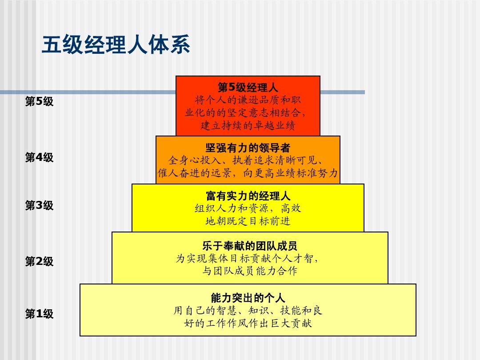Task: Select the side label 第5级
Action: (x=39, y=102)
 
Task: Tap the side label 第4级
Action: (x=39, y=157)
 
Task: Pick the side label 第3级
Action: (x=39, y=205)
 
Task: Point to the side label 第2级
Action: (x=39, y=261)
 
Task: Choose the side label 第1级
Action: (x=39, y=314)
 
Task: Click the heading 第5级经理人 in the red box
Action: (x=248, y=87)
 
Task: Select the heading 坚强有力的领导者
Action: (x=248, y=148)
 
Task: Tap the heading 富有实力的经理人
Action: (x=248, y=196)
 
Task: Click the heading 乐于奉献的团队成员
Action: (x=250, y=246)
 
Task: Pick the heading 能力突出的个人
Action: (x=248, y=297)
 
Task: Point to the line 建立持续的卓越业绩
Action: (x=248, y=125)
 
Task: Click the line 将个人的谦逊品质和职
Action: (x=248, y=100)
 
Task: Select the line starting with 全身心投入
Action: (x=248, y=160)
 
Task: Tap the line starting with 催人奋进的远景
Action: (x=248, y=173)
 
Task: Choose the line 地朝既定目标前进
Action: (x=248, y=221)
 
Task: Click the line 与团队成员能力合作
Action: (x=250, y=271)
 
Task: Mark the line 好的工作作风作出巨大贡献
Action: (x=248, y=323)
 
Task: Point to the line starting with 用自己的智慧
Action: (x=248, y=310)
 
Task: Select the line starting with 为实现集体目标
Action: (x=248, y=258)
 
